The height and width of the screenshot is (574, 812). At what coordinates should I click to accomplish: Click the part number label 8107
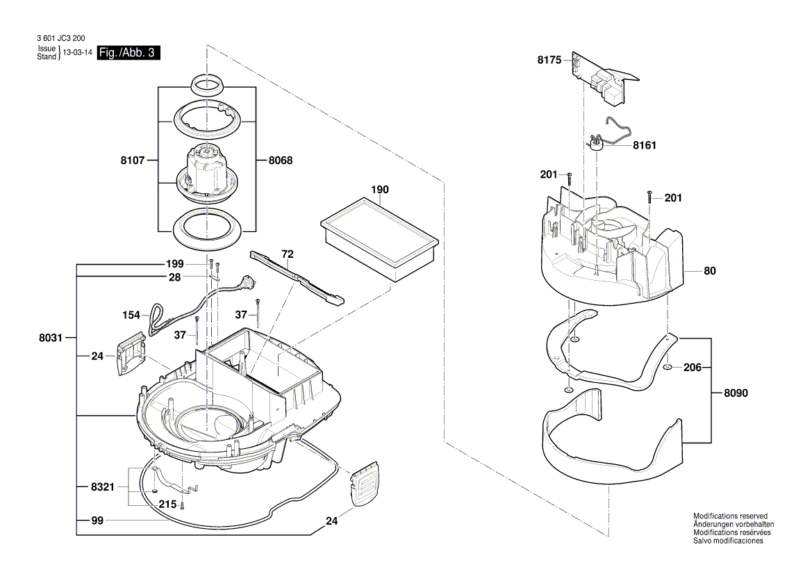point(132,160)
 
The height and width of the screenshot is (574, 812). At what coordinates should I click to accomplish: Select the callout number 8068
point(281,160)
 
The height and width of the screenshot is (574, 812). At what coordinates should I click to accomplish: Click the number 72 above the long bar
point(288,254)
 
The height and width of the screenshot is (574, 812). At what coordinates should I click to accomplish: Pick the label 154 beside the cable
point(131,315)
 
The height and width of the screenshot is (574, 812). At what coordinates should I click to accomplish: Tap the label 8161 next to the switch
point(644,146)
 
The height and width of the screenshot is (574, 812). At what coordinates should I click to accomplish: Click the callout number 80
point(709,271)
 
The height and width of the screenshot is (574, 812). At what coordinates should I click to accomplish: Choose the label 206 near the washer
point(693,368)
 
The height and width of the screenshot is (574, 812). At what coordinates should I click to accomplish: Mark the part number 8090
point(736,393)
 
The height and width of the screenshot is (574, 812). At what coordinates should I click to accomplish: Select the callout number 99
point(97,520)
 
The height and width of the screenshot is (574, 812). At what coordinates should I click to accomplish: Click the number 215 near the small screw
point(167,505)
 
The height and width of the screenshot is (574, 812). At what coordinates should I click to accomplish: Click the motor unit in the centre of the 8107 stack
point(207,170)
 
